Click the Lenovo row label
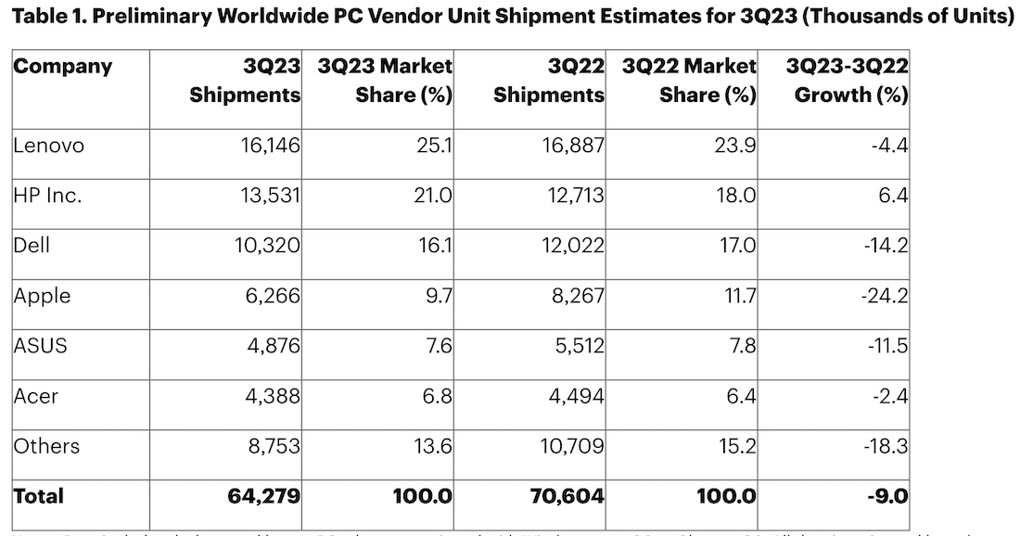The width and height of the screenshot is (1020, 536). pos(48,146)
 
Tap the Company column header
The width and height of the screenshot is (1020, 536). pos(62,67)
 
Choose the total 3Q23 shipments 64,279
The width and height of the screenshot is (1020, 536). pos(263,496)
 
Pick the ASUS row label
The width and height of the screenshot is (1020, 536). pos(40,346)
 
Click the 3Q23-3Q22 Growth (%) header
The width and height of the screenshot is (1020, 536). pos(847,81)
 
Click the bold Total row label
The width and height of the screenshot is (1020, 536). pos(39,496)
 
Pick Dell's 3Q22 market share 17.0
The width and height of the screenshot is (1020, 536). pos(737,246)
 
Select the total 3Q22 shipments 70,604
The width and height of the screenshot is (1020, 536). pos(566,496)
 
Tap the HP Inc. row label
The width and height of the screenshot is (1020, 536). pos(49,196)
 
